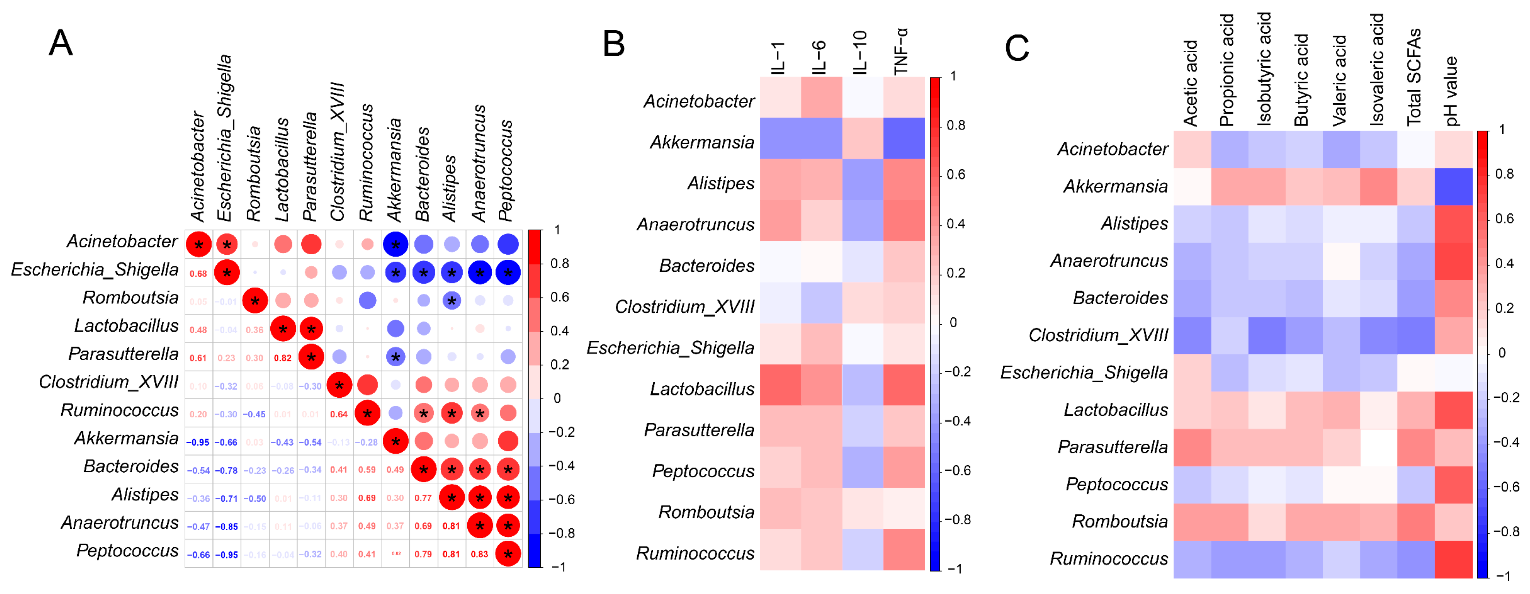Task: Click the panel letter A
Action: point(61,43)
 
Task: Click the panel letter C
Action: point(1017,48)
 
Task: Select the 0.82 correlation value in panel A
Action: point(283,358)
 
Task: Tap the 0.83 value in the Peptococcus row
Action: point(479,554)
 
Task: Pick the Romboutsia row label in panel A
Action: point(131,298)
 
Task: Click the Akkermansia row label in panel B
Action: point(702,143)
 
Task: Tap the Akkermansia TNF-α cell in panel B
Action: point(903,138)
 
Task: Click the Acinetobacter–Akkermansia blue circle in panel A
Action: point(395,244)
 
